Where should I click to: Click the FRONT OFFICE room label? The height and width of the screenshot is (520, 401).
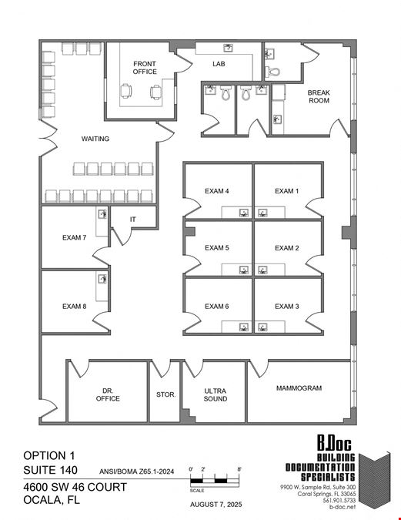point(145,68)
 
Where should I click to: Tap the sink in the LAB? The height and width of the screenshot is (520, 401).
point(228,48)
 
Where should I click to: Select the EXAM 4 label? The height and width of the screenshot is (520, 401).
point(217,191)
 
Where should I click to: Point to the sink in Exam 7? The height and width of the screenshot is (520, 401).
point(102,214)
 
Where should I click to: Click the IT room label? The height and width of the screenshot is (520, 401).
point(133,220)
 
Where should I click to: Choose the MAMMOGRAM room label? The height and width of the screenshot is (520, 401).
point(299,388)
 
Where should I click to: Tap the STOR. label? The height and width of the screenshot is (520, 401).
point(166,394)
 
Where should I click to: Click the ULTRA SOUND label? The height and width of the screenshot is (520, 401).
point(216,394)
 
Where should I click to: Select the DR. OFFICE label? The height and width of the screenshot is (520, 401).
point(108,394)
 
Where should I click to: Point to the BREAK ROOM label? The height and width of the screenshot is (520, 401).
point(319,96)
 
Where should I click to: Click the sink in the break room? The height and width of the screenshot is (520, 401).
point(277,119)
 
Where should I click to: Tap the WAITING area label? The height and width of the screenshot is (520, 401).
point(95,139)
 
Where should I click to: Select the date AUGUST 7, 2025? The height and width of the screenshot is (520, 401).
point(216,505)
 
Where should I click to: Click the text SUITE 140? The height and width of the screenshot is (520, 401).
point(50,470)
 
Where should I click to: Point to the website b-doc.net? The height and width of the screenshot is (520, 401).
point(343,507)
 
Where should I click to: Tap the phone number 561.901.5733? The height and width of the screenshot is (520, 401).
point(339,500)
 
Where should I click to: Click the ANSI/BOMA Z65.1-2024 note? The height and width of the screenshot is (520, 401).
point(136,471)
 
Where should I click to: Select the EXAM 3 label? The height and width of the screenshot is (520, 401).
point(287,307)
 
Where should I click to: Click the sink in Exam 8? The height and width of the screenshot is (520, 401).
point(102,279)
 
